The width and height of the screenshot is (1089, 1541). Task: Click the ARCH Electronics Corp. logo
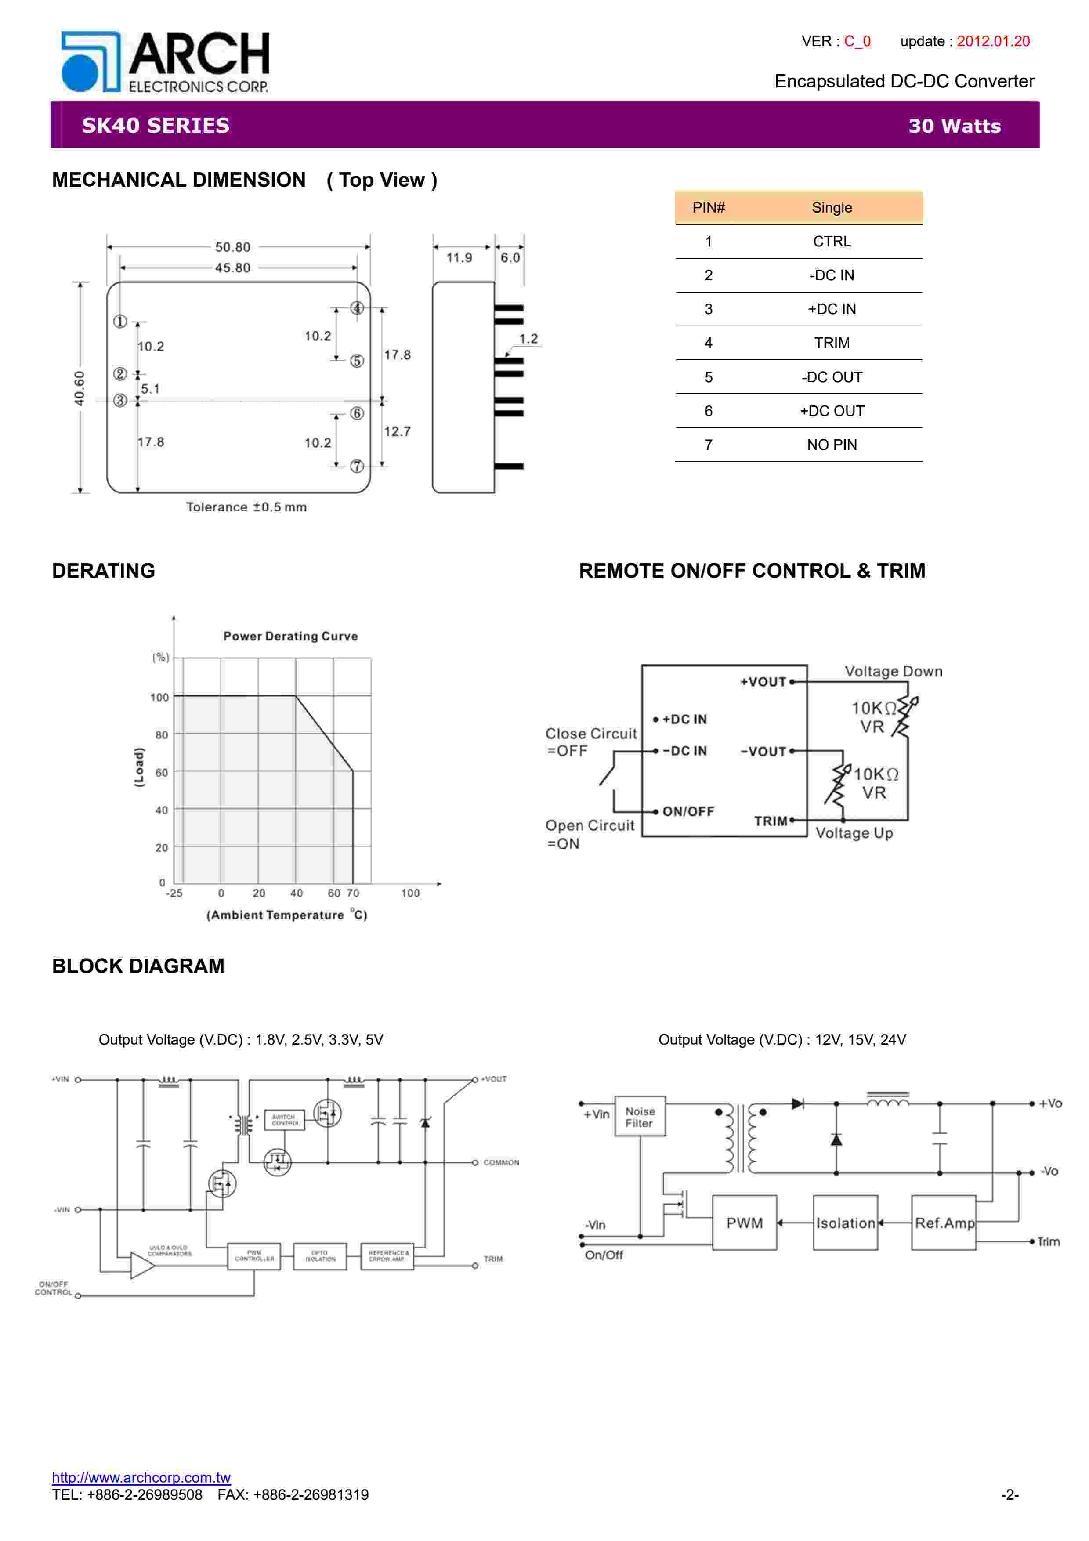(x=165, y=62)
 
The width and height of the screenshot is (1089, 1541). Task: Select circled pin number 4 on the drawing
(x=357, y=308)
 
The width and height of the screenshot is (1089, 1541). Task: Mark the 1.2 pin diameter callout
(x=528, y=339)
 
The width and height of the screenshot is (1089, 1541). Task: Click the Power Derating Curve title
(x=290, y=636)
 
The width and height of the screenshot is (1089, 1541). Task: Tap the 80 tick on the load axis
(x=161, y=735)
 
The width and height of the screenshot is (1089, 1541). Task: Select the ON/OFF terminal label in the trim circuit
(x=688, y=811)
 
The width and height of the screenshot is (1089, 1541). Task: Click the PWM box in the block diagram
(x=744, y=1223)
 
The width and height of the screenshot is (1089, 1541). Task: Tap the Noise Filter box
(x=640, y=1117)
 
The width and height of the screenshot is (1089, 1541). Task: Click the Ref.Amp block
(x=944, y=1223)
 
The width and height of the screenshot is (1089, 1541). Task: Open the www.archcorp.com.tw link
(x=141, y=1477)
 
